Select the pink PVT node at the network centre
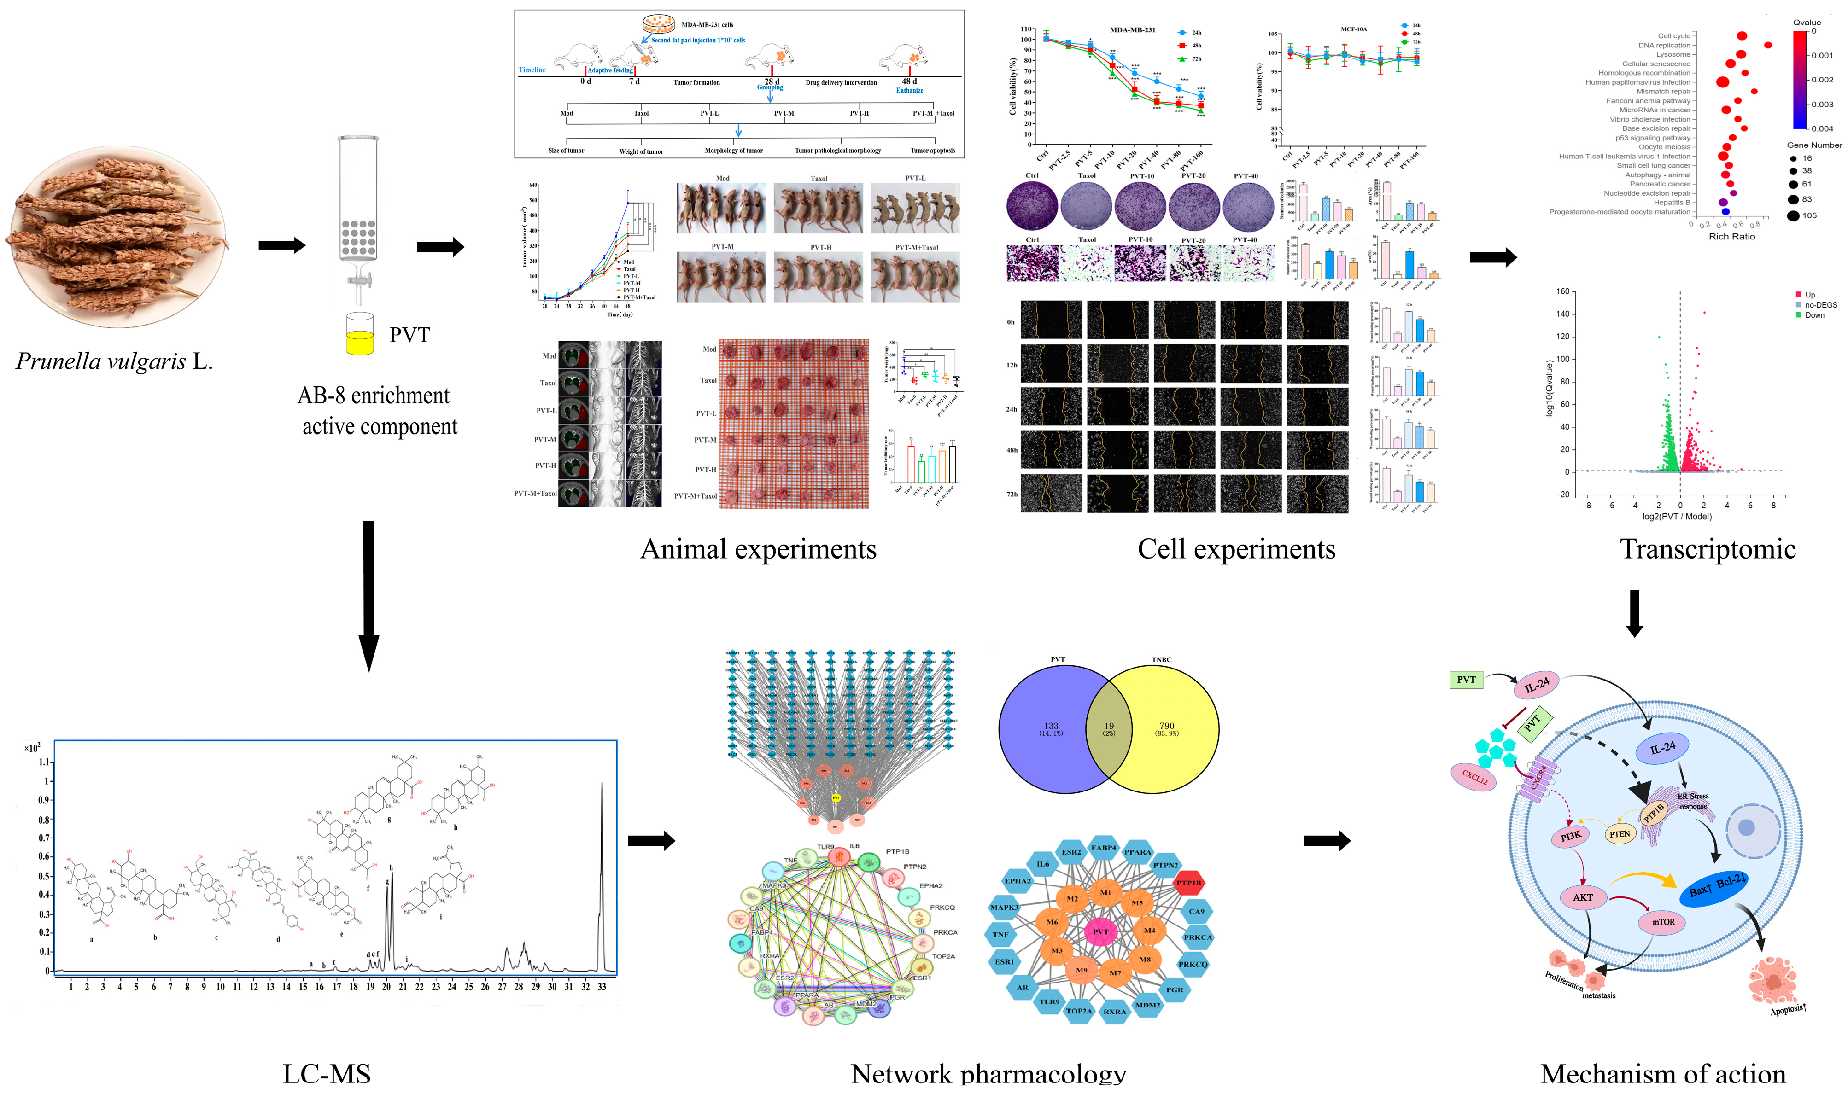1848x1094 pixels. point(1100,932)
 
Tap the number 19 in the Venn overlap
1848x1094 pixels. point(1108,726)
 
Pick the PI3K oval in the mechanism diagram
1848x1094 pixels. point(1571,836)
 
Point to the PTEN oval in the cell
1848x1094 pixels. point(1620,834)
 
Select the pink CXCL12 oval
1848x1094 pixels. point(1474,777)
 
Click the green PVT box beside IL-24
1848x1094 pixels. point(1466,679)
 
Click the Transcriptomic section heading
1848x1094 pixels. point(1707,549)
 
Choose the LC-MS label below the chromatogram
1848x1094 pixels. point(327,1073)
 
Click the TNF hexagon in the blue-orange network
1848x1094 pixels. point(1000,934)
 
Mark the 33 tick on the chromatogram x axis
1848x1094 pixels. point(602,986)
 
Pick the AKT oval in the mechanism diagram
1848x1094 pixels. point(1583,897)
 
